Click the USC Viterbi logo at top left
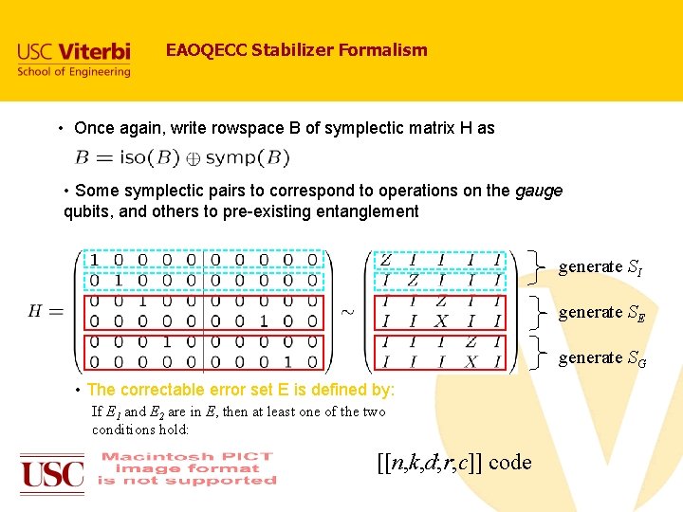click(x=73, y=59)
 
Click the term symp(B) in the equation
click(x=248, y=157)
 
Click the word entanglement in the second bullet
click(x=360, y=211)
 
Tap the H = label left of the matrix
click(x=46, y=312)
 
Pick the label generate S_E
click(x=601, y=313)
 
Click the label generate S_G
click(x=602, y=358)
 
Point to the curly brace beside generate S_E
click(x=540, y=312)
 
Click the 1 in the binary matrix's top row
click(x=94, y=260)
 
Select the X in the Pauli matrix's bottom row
click(x=471, y=362)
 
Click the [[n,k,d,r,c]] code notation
click(x=454, y=462)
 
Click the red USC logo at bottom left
click(x=52, y=471)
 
